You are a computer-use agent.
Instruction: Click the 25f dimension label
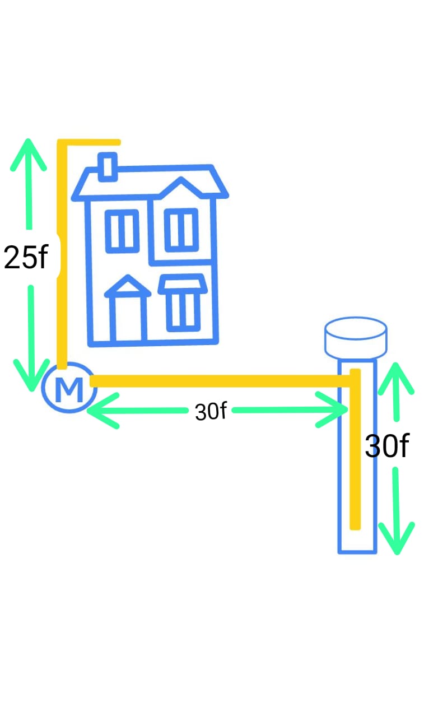pyautogui.click(x=26, y=257)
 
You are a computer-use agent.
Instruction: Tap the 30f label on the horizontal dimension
pyautogui.click(x=211, y=411)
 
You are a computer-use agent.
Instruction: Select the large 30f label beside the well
pyautogui.click(x=387, y=446)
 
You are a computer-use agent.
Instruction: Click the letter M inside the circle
pyautogui.click(x=69, y=389)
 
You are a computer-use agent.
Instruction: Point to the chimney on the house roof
pyautogui.click(x=108, y=167)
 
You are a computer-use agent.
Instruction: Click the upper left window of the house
pyautogui.click(x=122, y=231)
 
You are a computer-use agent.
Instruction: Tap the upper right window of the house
pyautogui.click(x=181, y=230)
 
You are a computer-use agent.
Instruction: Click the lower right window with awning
pyautogui.click(x=183, y=302)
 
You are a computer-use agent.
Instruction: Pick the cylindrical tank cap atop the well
pyautogui.click(x=356, y=338)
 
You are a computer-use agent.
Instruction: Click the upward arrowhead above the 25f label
pyautogui.click(x=29, y=155)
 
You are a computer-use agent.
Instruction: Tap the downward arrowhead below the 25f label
pyautogui.click(x=32, y=375)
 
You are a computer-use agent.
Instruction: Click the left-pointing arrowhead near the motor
pyautogui.click(x=103, y=411)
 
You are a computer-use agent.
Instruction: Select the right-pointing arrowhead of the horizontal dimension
pyautogui.click(x=332, y=409)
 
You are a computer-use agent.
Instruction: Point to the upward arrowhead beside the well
pyautogui.click(x=396, y=378)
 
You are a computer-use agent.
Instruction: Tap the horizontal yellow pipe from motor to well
pyautogui.click(x=221, y=381)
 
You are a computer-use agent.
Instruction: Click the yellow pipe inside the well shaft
pyautogui.click(x=355, y=449)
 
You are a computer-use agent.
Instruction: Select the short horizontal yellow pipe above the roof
pyautogui.click(x=89, y=142)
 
